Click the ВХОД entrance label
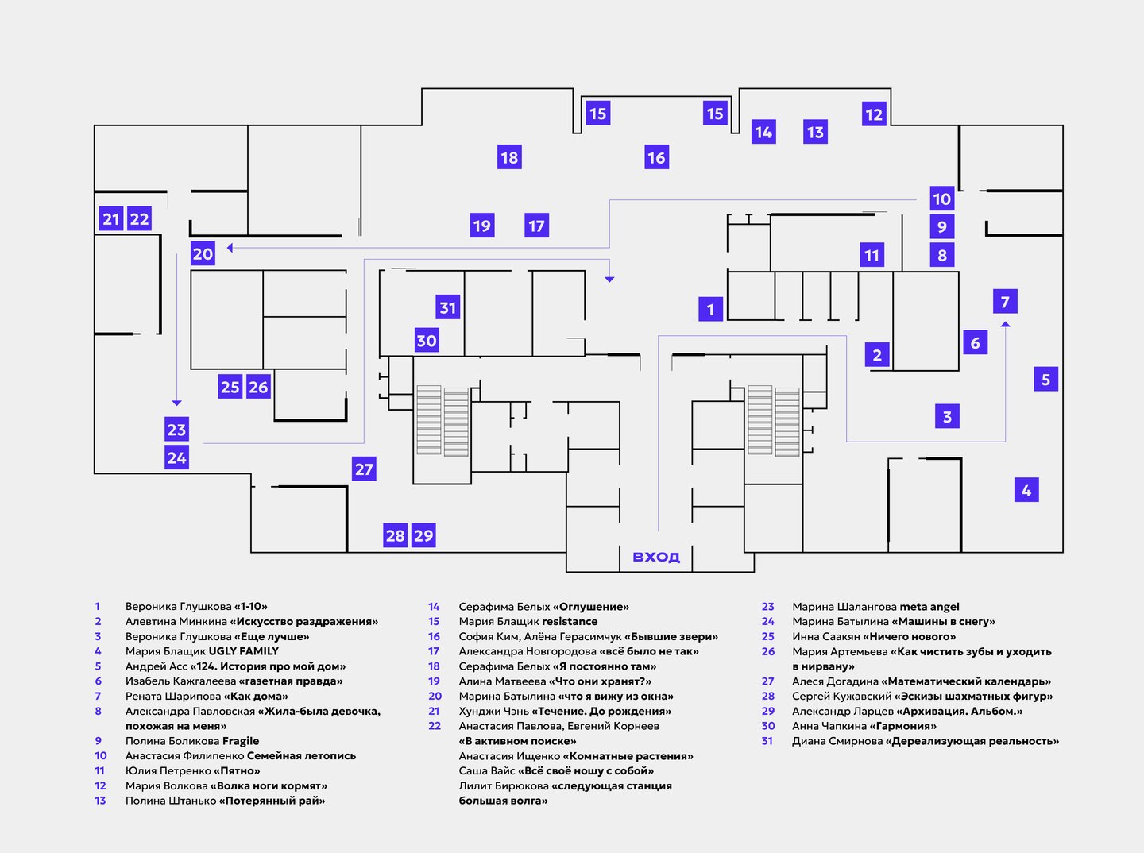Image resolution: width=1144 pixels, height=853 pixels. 655,557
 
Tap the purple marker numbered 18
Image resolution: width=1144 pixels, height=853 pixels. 509,156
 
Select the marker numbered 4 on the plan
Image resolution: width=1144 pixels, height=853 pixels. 1026,490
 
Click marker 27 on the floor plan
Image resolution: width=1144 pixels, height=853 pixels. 364,469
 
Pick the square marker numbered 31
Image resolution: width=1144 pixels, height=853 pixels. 448,307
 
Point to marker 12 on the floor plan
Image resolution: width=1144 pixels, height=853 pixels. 874,114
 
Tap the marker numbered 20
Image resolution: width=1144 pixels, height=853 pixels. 203,254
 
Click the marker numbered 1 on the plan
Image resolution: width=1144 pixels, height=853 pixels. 710,309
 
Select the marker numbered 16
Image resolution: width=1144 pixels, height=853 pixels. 657,156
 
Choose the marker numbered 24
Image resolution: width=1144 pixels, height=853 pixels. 176,457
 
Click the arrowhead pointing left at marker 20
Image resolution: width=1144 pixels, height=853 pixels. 230,248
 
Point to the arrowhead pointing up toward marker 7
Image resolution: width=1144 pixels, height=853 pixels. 1005,324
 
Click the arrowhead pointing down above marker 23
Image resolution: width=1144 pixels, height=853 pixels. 176,403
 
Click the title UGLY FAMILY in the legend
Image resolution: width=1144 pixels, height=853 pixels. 243,651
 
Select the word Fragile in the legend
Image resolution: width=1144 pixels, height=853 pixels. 241,741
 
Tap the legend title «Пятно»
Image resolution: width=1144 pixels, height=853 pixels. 237,770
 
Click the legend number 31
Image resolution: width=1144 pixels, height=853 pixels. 767,741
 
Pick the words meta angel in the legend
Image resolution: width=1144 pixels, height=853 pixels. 929,607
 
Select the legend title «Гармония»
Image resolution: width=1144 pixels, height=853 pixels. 902,726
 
